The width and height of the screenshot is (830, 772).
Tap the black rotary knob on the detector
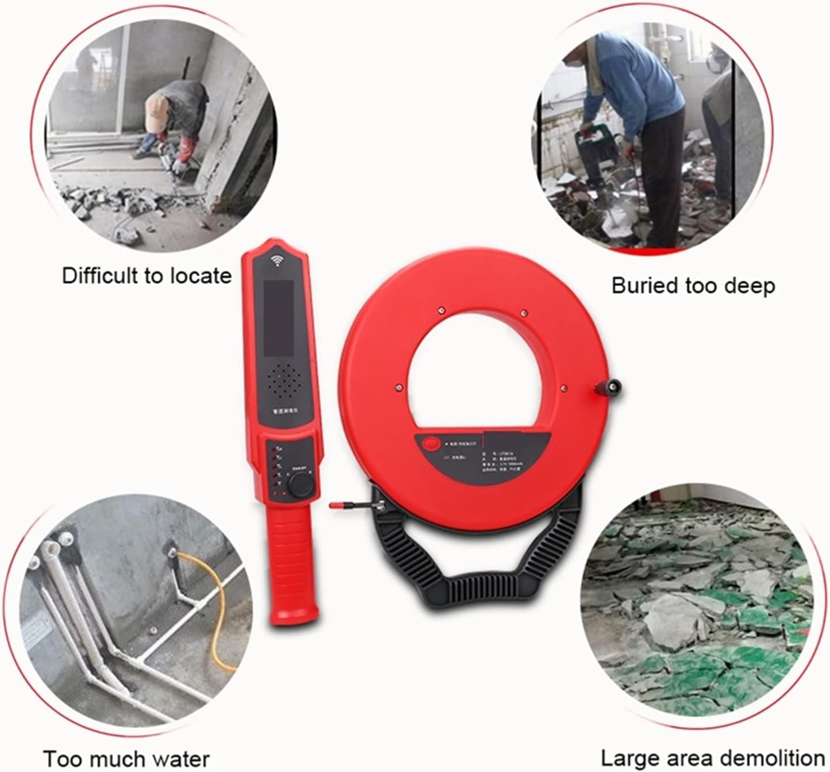(x=301, y=486)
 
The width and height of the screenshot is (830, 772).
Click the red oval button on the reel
(x=431, y=443)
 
